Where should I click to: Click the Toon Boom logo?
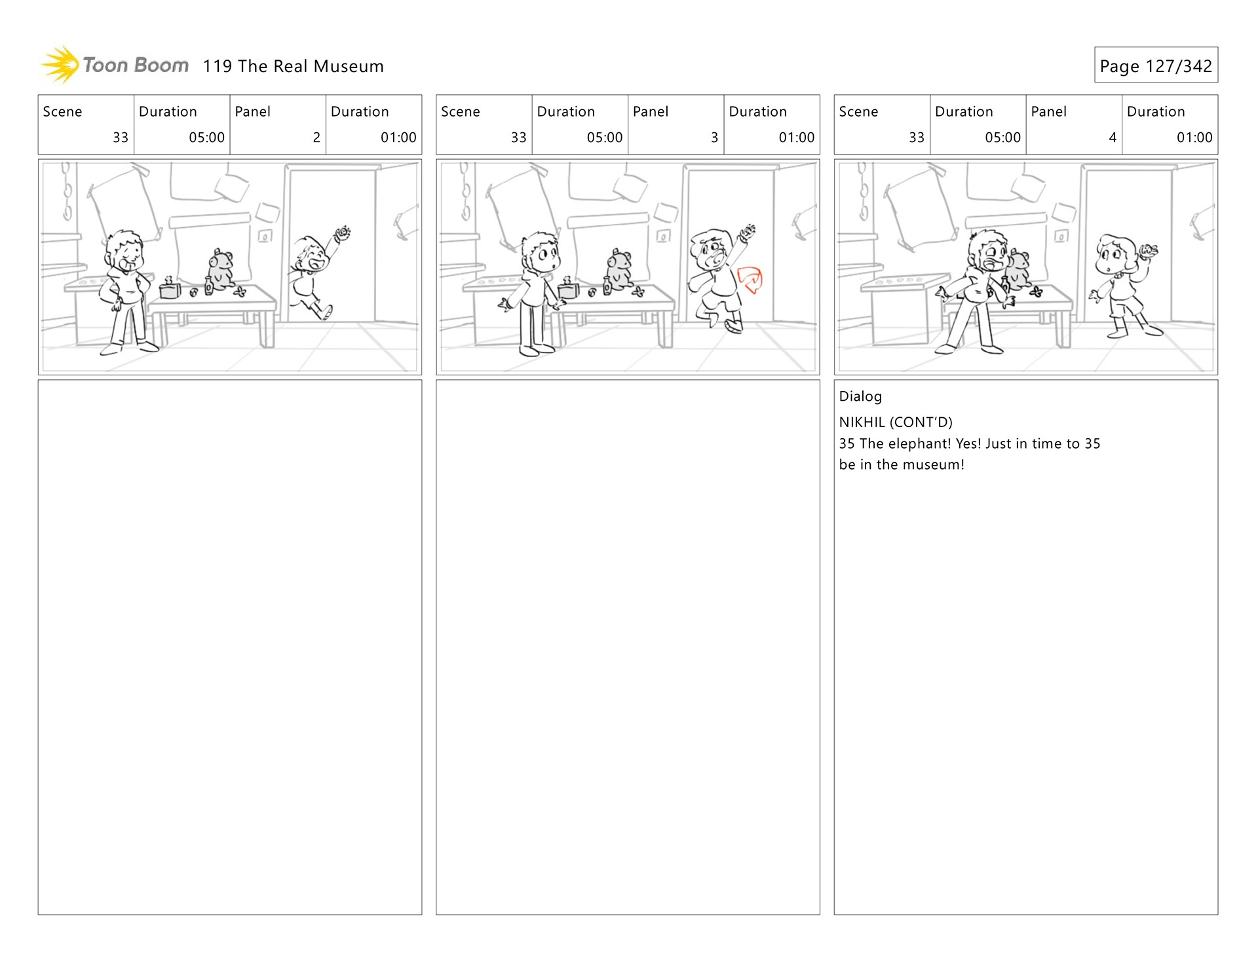click(x=115, y=65)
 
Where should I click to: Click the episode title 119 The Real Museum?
click(x=293, y=66)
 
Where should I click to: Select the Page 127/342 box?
click(x=1156, y=65)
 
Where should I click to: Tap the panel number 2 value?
click(x=316, y=138)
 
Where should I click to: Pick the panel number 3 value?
click(x=714, y=138)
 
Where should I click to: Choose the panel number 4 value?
click(x=1113, y=138)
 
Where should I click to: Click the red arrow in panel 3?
click(x=751, y=280)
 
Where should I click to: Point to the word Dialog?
click(x=860, y=396)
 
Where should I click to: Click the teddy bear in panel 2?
click(x=221, y=269)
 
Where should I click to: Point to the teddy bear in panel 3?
click(x=619, y=269)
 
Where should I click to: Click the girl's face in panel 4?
click(x=1112, y=255)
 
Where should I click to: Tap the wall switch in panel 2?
click(x=265, y=236)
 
